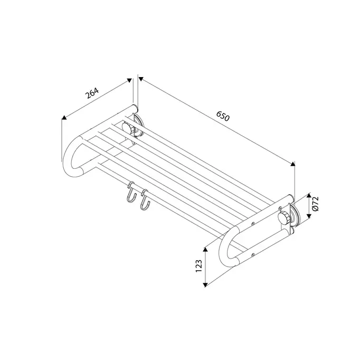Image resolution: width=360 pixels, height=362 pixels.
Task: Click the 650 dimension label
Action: (x=223, y=116)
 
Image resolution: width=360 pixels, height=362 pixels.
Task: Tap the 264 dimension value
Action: (x=92, y=92)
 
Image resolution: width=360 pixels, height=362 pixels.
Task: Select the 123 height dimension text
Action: (x=199, y=266)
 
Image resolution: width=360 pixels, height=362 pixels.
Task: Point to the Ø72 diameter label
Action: (x=315, y=204)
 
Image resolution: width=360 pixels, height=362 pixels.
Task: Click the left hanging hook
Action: (x=131, y=192)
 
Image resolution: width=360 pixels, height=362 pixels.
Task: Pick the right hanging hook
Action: (x=145, y=200)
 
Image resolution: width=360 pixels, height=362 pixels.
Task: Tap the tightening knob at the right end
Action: (x=284, y=218)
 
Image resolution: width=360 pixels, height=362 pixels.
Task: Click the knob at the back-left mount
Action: (x=128, y=128)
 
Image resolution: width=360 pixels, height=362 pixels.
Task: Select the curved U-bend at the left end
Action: (x=71, y=157)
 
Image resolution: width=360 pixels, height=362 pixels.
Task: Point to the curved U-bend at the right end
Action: (x=228, y=246)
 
